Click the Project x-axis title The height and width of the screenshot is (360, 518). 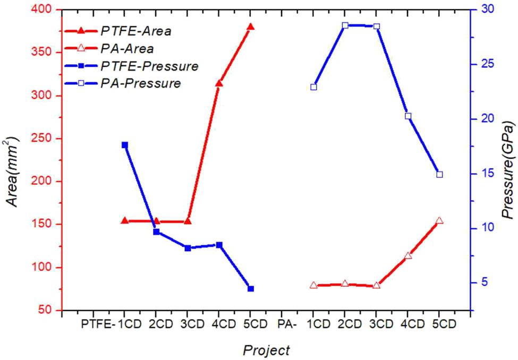click(x=266, y=350)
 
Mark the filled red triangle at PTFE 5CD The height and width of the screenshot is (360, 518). click(x=250, y=27)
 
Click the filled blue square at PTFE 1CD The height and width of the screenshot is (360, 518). click(x=125, y=144)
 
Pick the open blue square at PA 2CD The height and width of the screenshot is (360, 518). click(x=345, y=25)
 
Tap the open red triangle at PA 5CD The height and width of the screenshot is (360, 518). click(x=439, y=221)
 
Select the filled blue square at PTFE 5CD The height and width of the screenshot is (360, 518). click(x=250, y=288)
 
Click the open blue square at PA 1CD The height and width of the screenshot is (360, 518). click(x=313, y=87)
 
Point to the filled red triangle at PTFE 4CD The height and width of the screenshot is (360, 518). click(x=219, y=83)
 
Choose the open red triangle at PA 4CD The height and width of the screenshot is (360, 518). click(x=408, y=256)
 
